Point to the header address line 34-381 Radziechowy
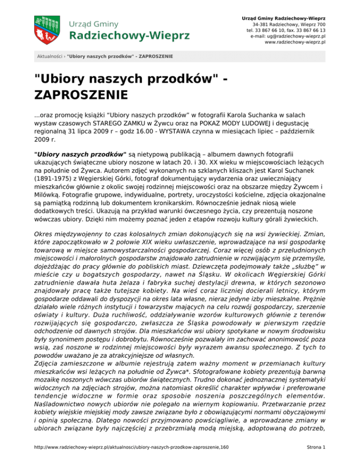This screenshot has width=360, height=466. coord(289,24)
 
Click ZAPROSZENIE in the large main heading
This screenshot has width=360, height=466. coord(80,95)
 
